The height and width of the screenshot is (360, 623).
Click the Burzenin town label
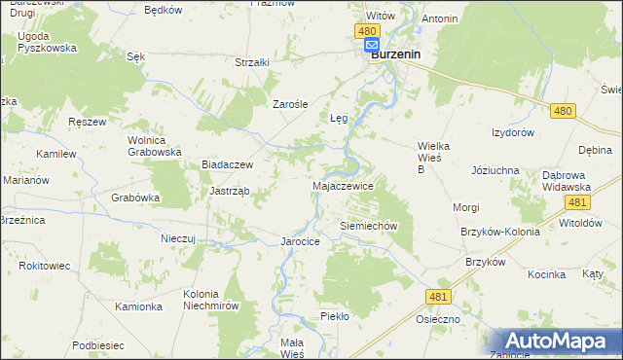395,55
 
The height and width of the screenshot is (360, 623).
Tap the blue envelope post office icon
372,45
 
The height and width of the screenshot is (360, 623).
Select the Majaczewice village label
343,185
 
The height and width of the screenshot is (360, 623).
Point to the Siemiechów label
369,225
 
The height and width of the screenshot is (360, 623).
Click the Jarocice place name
300,240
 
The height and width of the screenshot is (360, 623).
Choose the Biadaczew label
227,165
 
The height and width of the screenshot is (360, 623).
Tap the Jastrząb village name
230,191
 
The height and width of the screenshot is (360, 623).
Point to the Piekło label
334,317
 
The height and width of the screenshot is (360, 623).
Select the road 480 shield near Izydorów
562,112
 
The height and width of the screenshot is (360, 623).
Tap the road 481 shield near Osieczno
439,295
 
